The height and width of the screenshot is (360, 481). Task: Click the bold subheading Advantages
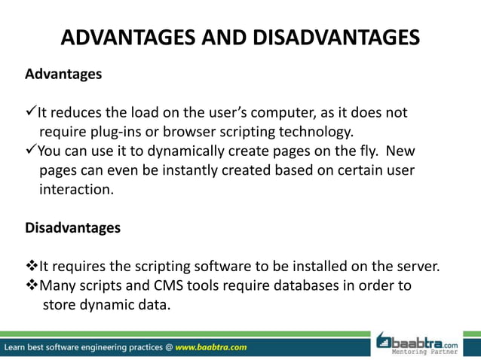[x=63, y=75]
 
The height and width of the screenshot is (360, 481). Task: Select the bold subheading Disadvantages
[x=72, y=227]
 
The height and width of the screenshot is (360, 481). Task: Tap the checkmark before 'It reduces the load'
[x=31, y=113]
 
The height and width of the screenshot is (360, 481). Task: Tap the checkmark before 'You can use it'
[x=31, y=151]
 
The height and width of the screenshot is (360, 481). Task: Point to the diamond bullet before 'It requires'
[x=32, y=266]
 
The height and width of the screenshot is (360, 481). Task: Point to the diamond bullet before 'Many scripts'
[x=32, y=285]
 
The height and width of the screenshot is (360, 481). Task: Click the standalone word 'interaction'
[x=75, y=190]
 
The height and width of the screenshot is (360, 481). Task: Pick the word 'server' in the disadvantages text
[x=416, y=266]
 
